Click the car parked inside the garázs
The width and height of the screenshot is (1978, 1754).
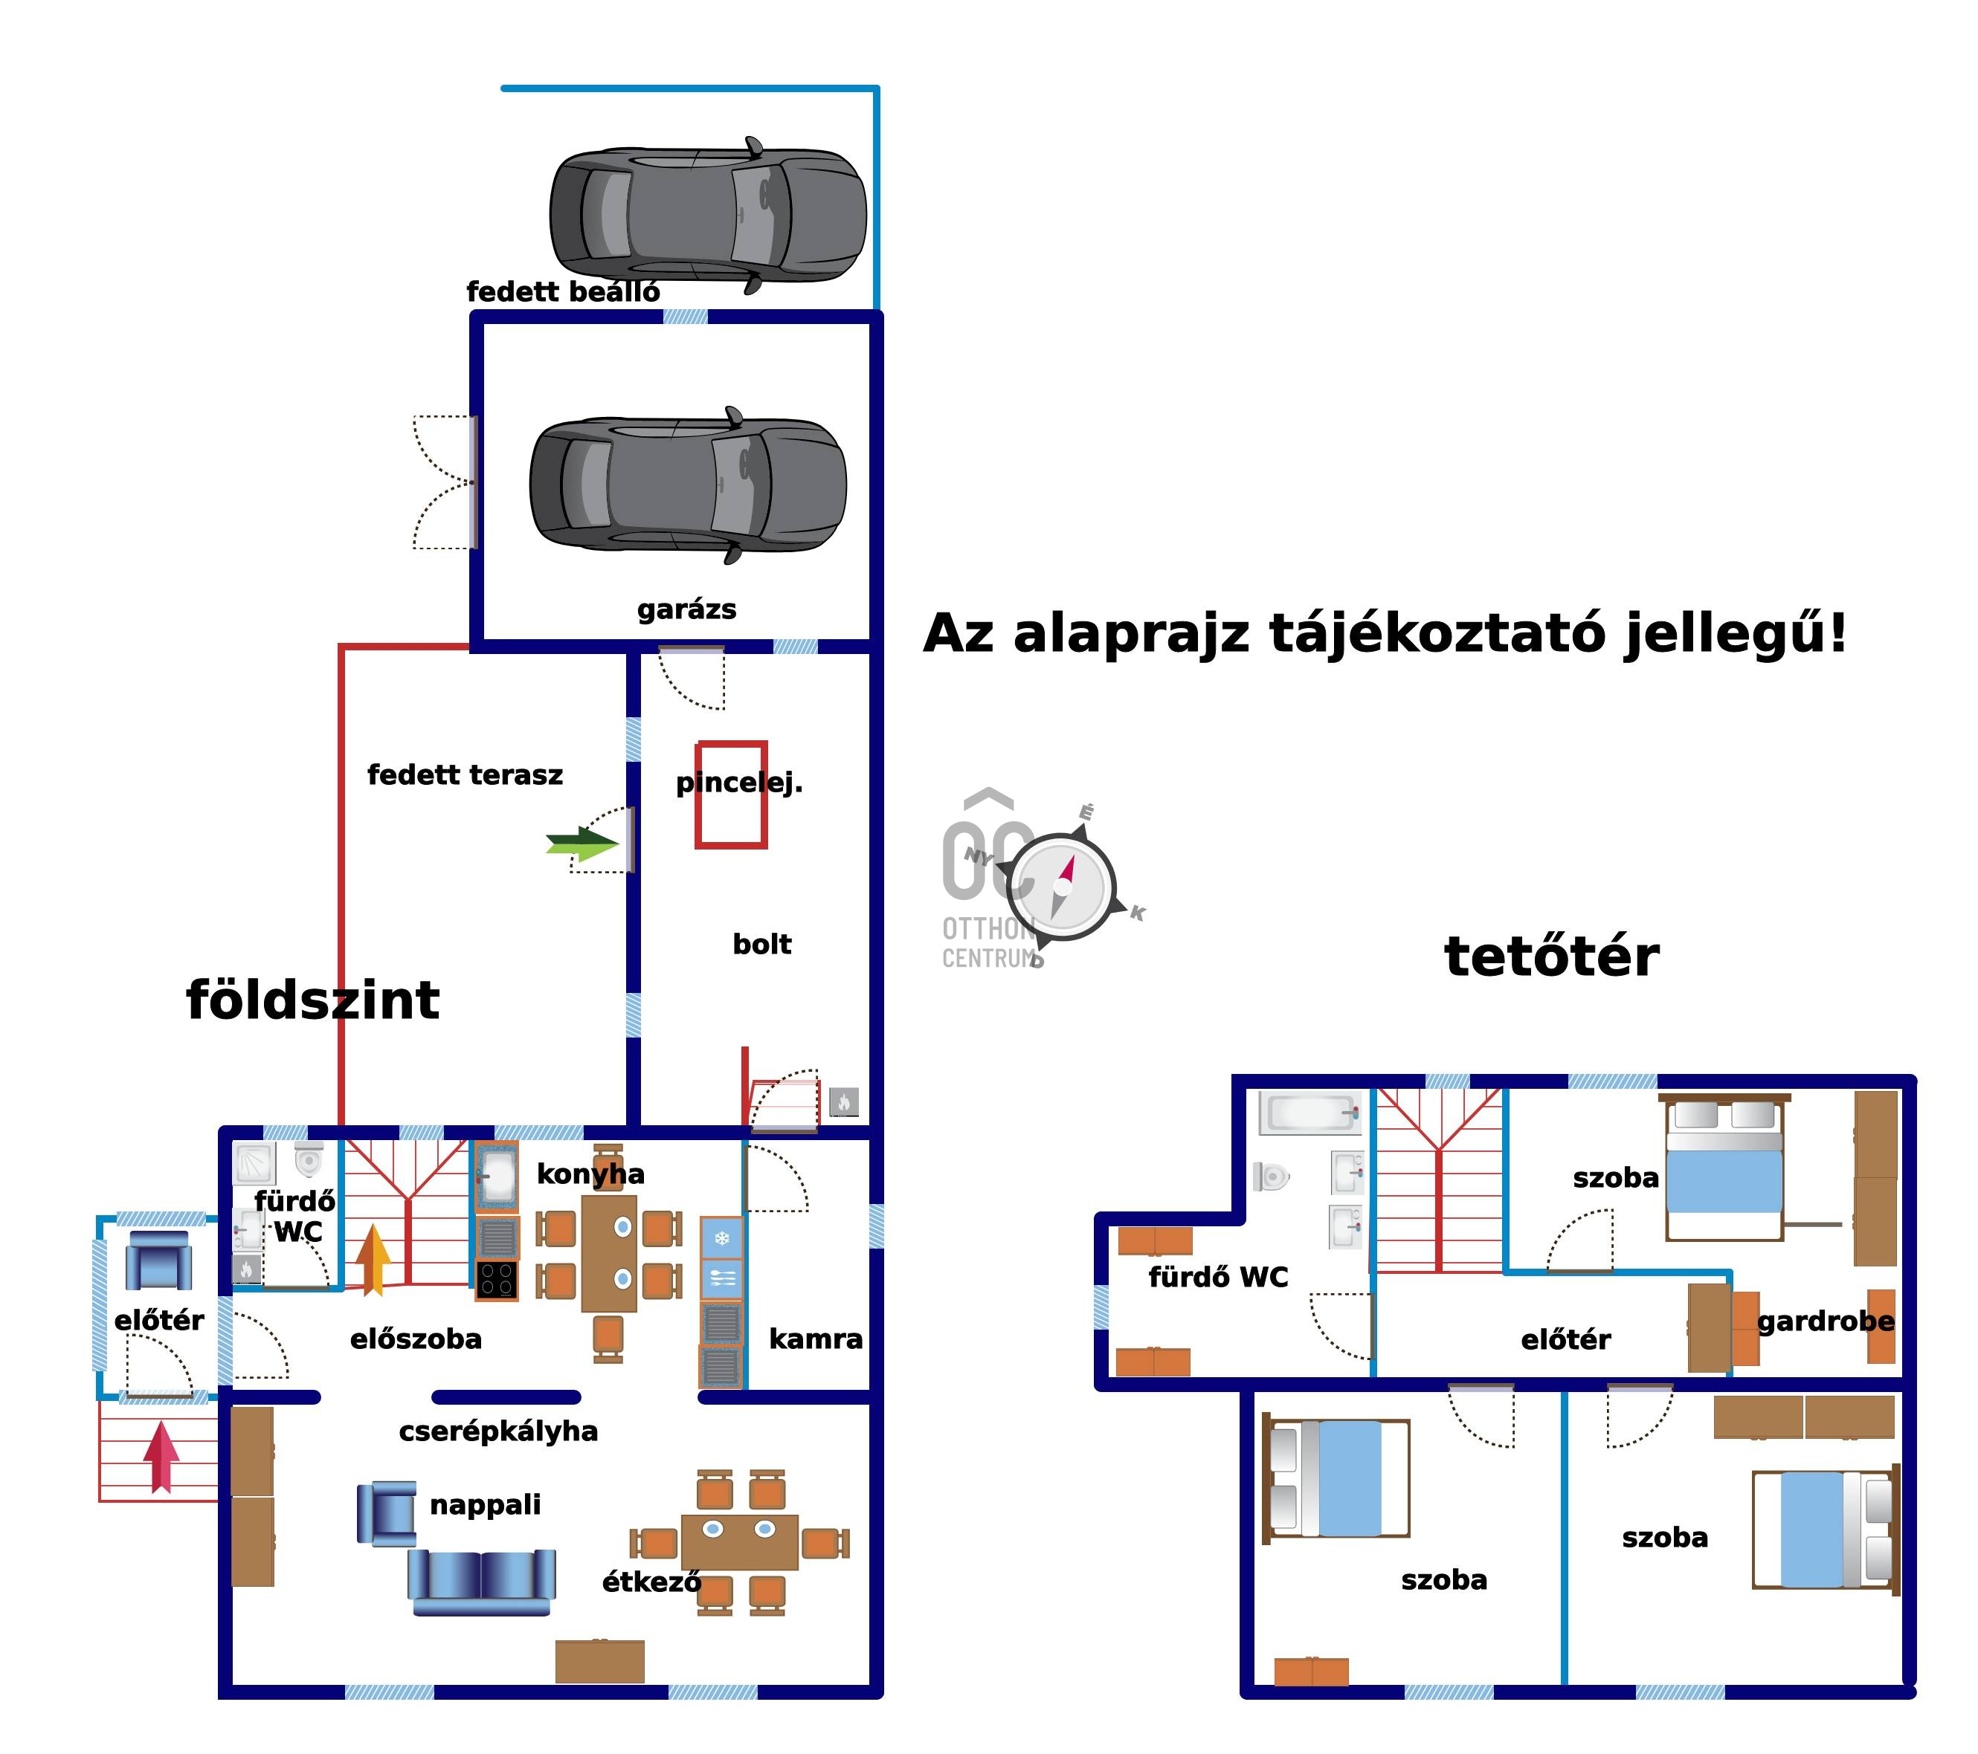pos(688,485)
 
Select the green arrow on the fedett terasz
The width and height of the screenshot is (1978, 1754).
pos(582,844)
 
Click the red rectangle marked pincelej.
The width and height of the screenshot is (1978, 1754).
pos(731,795)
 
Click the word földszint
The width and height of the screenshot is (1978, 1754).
pos(312,1000)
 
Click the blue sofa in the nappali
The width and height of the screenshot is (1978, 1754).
pos(481,1581)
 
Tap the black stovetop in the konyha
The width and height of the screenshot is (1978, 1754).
pos(497,1280)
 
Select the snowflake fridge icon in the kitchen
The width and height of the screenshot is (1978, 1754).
pos(722,1238)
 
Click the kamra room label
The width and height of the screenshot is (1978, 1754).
pos(816,1339)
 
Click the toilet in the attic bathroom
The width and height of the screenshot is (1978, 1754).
pos(1272,1177)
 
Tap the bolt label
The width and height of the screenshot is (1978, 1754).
pos(761,944)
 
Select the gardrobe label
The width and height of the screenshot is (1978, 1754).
pos(1825,1321)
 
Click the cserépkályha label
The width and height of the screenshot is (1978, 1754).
pos(498,1431)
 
